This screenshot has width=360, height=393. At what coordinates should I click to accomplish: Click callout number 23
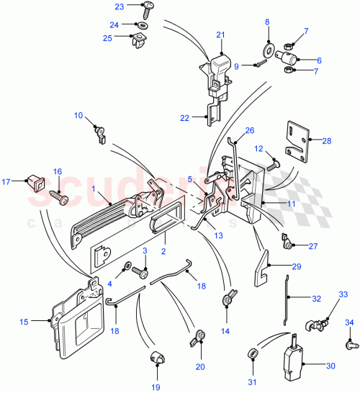[119, 6]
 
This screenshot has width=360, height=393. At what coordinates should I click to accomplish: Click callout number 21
[220, 35]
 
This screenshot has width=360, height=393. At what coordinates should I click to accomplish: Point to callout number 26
[250, 130]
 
